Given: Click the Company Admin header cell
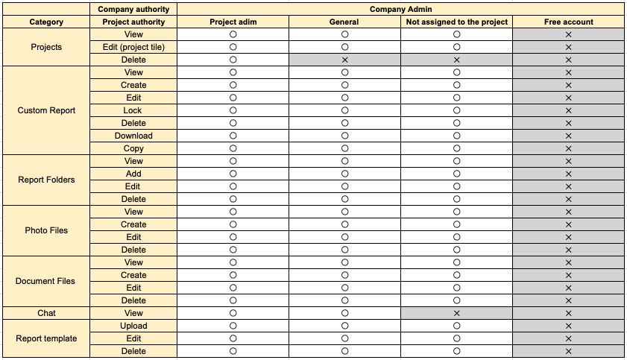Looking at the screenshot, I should coord(400,10).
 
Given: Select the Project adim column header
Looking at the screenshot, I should coord(233,22).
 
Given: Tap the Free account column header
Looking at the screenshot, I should coord(568,22).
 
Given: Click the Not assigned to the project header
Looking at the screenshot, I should coord(456,22).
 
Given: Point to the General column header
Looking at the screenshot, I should coord(344,22).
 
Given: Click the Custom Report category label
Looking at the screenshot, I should coord(46,110).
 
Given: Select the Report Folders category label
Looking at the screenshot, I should coord(46,180).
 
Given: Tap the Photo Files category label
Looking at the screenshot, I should coord(46,230).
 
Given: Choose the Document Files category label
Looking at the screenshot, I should coord(46,281).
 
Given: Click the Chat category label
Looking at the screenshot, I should coord(46,313).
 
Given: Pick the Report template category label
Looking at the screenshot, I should coord(46,338).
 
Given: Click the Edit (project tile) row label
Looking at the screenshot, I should coord(133,47).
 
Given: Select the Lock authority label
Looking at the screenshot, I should coord(133,110).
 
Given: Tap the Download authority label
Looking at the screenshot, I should coord(133,136).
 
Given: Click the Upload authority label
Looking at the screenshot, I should coord(133,326).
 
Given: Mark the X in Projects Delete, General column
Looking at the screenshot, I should coord(344,60).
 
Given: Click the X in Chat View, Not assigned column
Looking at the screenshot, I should coord(456,313).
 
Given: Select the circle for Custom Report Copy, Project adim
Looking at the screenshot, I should coord(233,148).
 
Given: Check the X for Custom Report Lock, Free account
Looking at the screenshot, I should coord(568,110).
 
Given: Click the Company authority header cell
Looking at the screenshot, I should coord(133,10).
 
